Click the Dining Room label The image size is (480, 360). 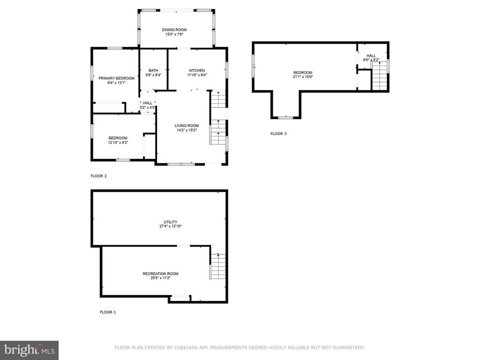coord(174,30)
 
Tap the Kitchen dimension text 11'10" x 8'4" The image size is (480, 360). coord(197,75)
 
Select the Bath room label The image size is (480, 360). coord(153,70)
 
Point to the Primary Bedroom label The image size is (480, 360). coord(116,78)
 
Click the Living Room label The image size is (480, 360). coord(187,126)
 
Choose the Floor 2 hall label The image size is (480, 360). coord(148,103)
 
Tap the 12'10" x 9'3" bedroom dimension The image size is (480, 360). coord(118,142)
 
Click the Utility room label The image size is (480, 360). coord(171,222)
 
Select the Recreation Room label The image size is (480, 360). coord(160,274)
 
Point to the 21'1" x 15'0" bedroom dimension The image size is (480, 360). coord(303,77)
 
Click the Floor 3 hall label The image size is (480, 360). coord(371,56)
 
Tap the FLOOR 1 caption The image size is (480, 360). coord(108,312)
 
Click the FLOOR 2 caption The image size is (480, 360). coord(98,176)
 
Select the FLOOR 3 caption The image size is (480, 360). coord(278,134)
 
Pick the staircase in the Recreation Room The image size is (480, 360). coord(218,266)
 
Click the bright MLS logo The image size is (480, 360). coord(30,350)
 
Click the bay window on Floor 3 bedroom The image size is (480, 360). coord(285,117)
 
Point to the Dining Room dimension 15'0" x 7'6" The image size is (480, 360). coord(174,34)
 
